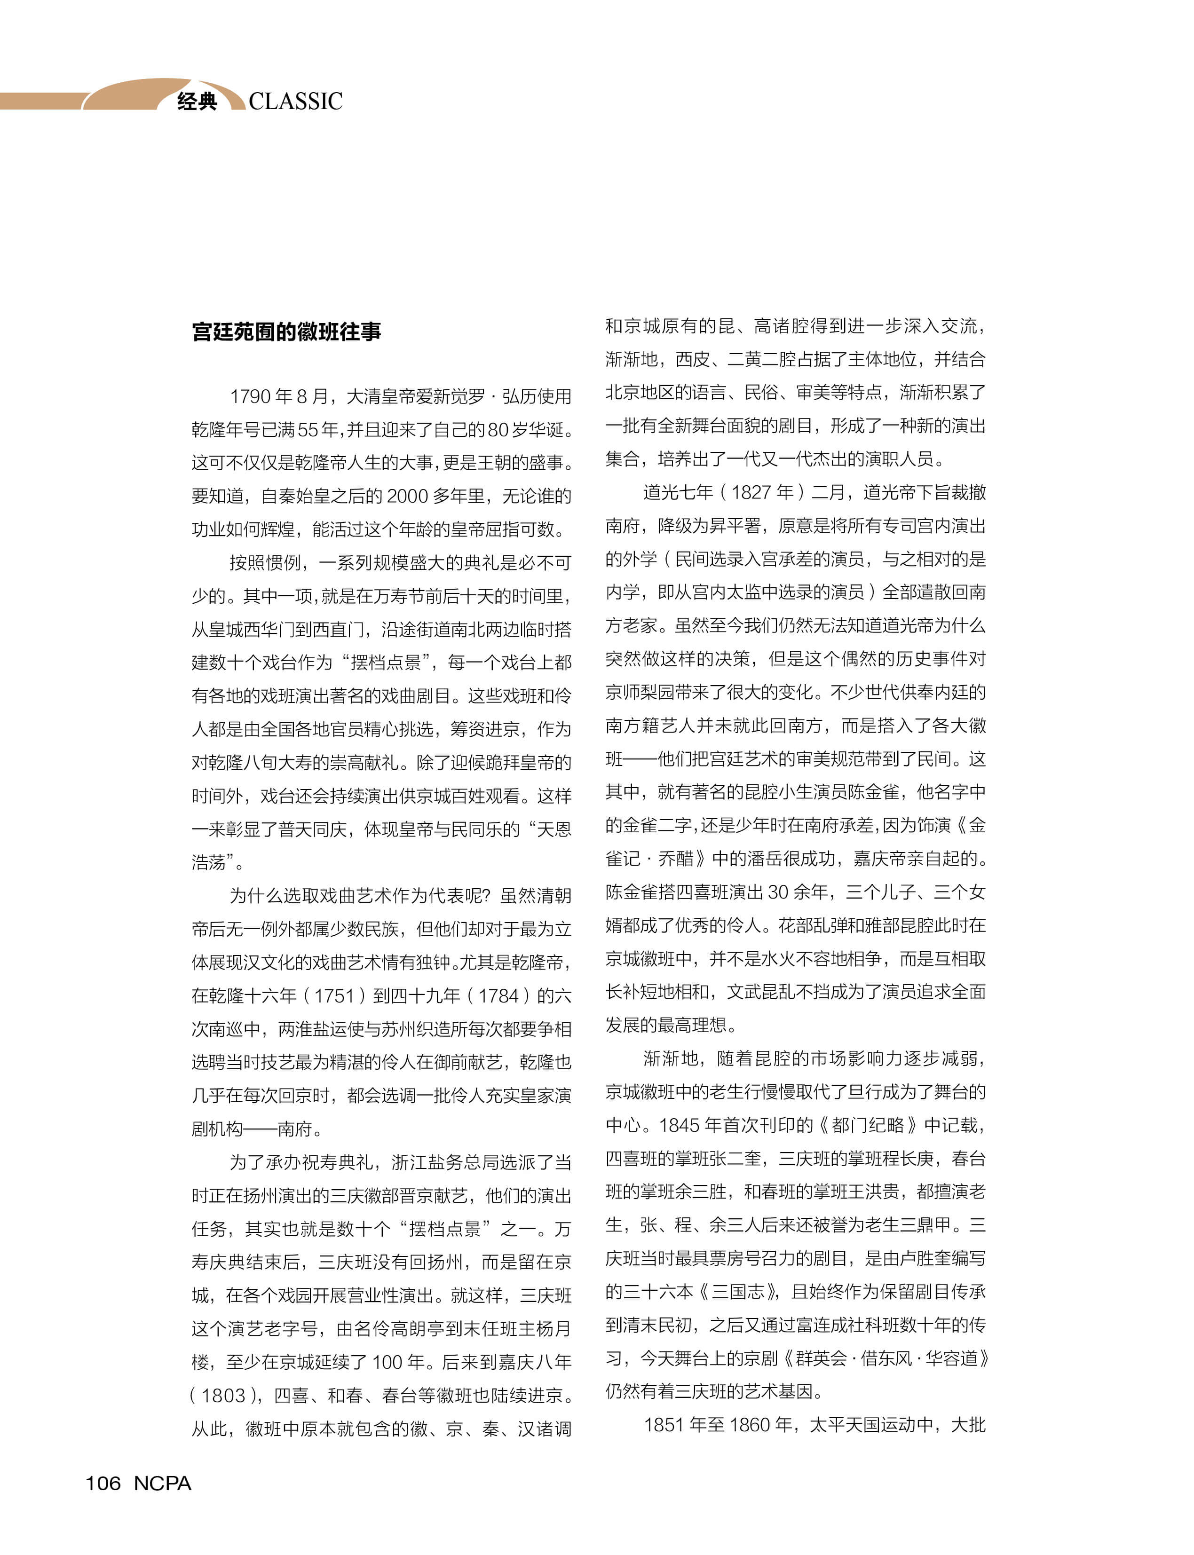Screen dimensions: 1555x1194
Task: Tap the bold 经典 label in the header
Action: point(197,102)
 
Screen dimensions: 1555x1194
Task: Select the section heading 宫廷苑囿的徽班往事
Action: point(286,332)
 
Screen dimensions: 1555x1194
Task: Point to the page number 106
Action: point(103,1483)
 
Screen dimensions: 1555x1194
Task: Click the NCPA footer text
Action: point(162,1483)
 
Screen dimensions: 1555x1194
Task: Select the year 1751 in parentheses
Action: point(334,996)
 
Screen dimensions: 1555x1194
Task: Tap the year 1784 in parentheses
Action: point(498,996)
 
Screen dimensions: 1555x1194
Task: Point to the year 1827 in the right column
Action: point(752,492)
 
